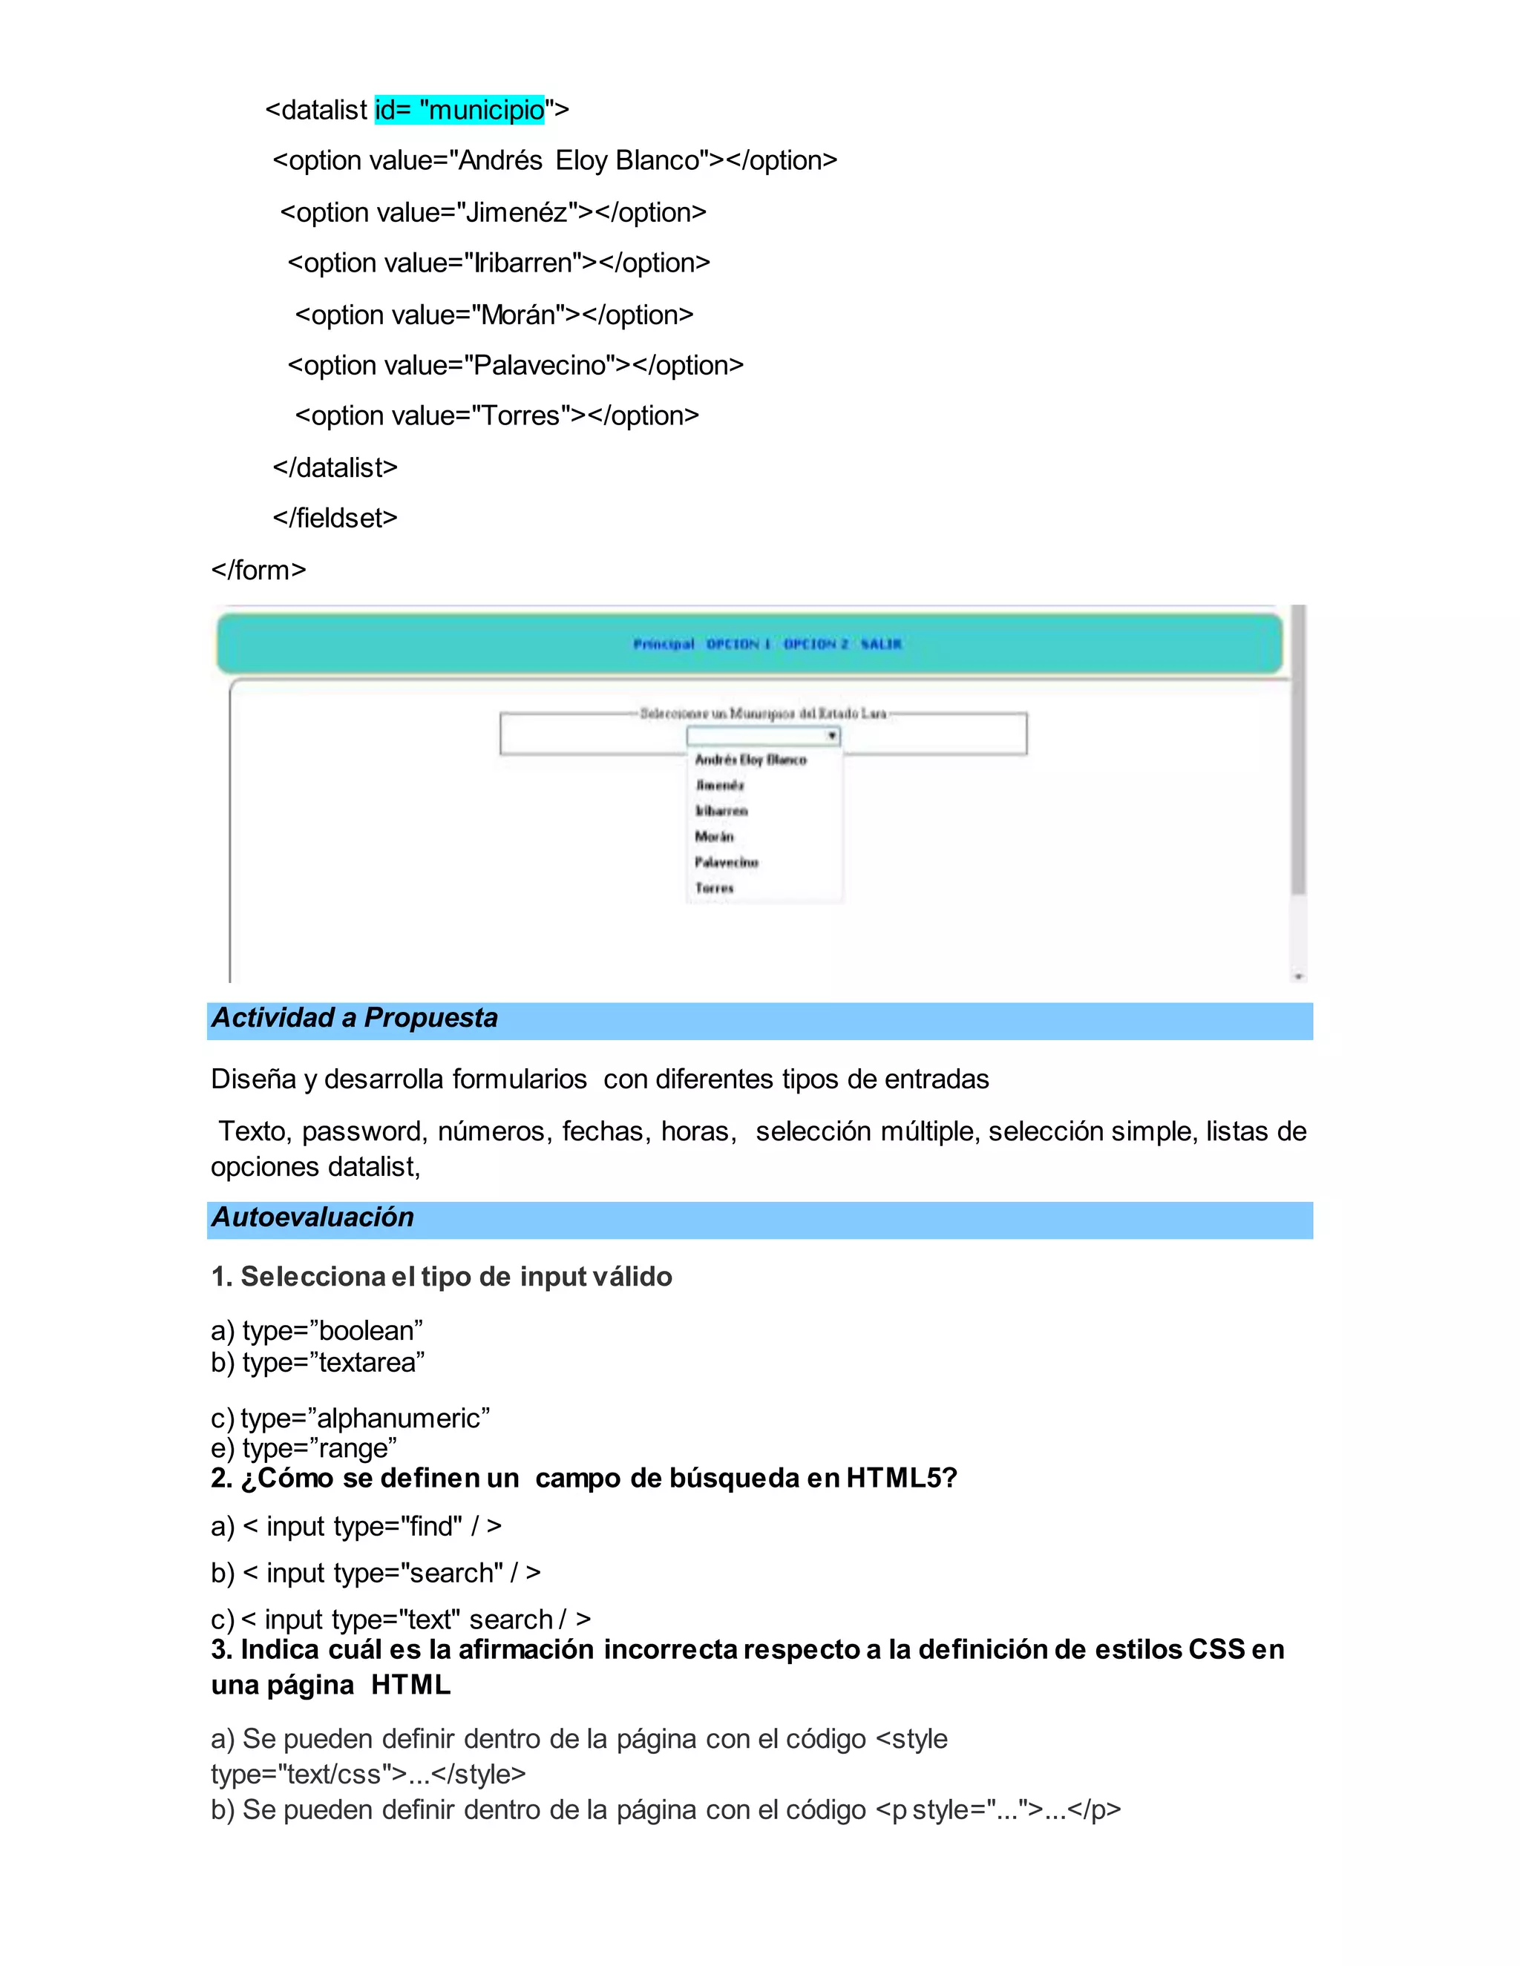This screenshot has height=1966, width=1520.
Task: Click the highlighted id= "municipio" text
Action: click(459, 110)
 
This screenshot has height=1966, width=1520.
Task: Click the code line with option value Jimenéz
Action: click(493, 212)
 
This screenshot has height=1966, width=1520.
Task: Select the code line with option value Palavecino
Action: click(515, 366)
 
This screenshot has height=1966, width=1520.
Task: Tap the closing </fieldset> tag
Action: click(335, 519)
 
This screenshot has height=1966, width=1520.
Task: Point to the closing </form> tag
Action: click(258, 571)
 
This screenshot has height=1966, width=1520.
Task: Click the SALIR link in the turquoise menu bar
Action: click(881, 644)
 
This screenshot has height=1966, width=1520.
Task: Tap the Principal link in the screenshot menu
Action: click(664, 644)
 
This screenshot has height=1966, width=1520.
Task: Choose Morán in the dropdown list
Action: click(714, 837)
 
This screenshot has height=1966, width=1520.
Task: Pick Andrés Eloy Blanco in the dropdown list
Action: click(750, 760)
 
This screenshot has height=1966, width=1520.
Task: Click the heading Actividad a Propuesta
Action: click(354, 1018)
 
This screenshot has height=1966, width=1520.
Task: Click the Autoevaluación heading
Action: click(312, 1217)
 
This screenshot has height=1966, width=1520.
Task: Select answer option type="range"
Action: click(304, 1448)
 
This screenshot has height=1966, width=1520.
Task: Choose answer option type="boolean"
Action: click(317, 1330)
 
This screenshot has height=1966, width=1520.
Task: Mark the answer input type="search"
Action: click(376, 1573)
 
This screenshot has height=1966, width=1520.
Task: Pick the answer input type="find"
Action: click(356, 1526)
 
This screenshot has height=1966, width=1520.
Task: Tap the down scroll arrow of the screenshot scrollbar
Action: click(1299, 976)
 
